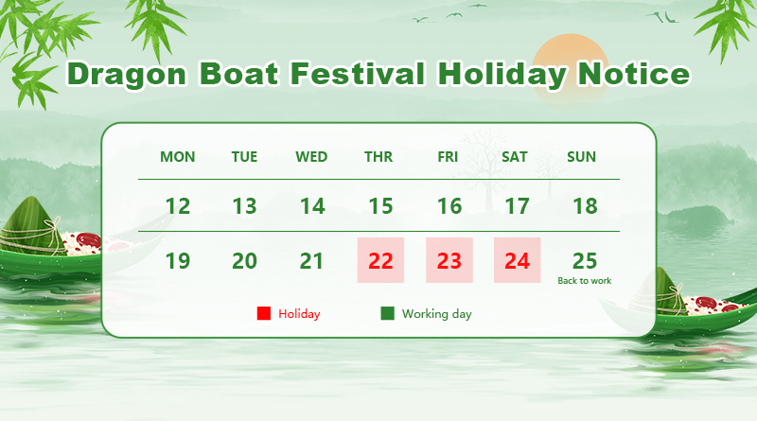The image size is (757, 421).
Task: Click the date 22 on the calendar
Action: pos(380,261)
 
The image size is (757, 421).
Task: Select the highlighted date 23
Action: pos(449,261)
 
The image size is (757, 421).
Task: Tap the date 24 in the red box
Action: pos(517,261)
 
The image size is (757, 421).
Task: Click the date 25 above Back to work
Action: pos(585,261)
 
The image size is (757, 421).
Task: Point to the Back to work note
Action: pos(584,281)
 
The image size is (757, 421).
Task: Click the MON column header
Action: pos(178,157)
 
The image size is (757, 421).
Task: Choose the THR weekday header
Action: pos(378,157)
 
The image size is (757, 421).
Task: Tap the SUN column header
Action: pos(581,157)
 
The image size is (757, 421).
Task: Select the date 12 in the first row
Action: pos(178,206)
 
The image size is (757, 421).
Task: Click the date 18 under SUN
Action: pos(585,206)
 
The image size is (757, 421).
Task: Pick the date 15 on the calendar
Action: pos(380,206)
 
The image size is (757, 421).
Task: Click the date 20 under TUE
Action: pos(244,261)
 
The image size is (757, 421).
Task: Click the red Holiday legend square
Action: pos(264,313)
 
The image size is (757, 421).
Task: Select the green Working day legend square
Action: pos(388,313)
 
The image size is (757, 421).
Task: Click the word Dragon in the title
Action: pos(127,75)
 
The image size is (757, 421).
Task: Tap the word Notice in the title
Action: pos(634,74)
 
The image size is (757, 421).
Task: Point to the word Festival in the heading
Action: pos(358,74)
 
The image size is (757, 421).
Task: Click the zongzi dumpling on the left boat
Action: pos(30,226)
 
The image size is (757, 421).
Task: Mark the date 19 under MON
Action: pos(178,261)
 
